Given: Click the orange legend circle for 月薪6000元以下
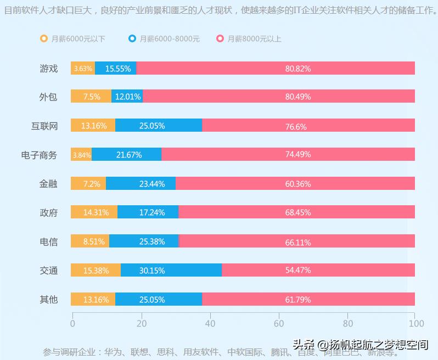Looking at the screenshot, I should [44, 38].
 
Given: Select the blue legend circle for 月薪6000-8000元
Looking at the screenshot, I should [132, 38].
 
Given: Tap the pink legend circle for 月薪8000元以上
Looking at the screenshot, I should [220, 38].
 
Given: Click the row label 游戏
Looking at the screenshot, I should [48, 69].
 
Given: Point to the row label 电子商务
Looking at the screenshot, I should [39, 155].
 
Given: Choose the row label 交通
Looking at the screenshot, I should [48, 271].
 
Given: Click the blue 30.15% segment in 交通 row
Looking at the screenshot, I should [171, 271].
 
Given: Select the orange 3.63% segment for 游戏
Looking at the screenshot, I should [83, 69].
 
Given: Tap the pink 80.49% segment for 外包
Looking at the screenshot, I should [279, 97].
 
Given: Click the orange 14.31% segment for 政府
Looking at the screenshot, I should [94, 212].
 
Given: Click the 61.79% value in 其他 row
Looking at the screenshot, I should [298, 300].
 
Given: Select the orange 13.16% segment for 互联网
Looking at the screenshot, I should [93, 126].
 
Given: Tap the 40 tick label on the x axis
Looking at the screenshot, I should [210, 323].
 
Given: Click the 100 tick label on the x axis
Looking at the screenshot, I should [416, 323].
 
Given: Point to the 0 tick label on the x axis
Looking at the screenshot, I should [72, 323].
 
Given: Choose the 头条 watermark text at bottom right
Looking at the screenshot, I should [302, 345].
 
